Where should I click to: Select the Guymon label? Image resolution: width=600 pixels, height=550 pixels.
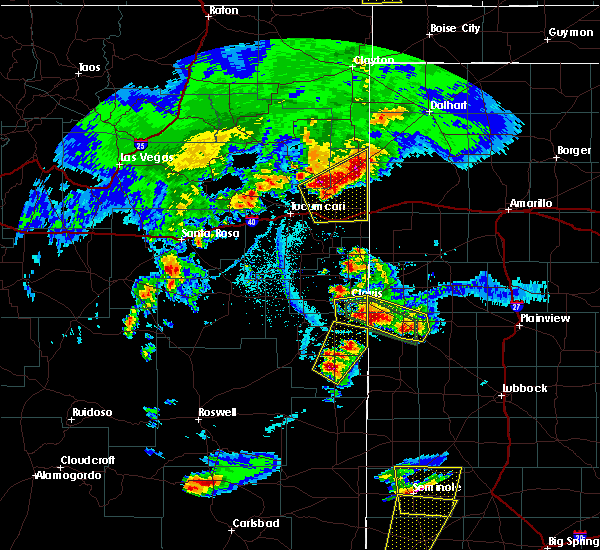pyautogui.click(x=570, y=33)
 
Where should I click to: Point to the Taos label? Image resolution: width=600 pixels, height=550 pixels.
pyautogui.click(x=90, y=68)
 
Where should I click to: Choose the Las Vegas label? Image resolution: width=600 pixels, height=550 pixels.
pyautogui.click(x=146, y=158)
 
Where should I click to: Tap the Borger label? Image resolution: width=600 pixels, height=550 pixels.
pyautogui.click(x=574, y=151)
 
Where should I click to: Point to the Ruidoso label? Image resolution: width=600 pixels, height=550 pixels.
pyautogui.click(x=96, y=413)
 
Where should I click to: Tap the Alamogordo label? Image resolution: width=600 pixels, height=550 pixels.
pyautogui.click(x=69, y=475)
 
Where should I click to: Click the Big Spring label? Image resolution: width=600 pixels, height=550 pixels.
pyautogui.click(x=571, y=541)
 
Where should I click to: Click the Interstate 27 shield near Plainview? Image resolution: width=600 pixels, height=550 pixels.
pyautogui.click(x=515, y=306)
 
